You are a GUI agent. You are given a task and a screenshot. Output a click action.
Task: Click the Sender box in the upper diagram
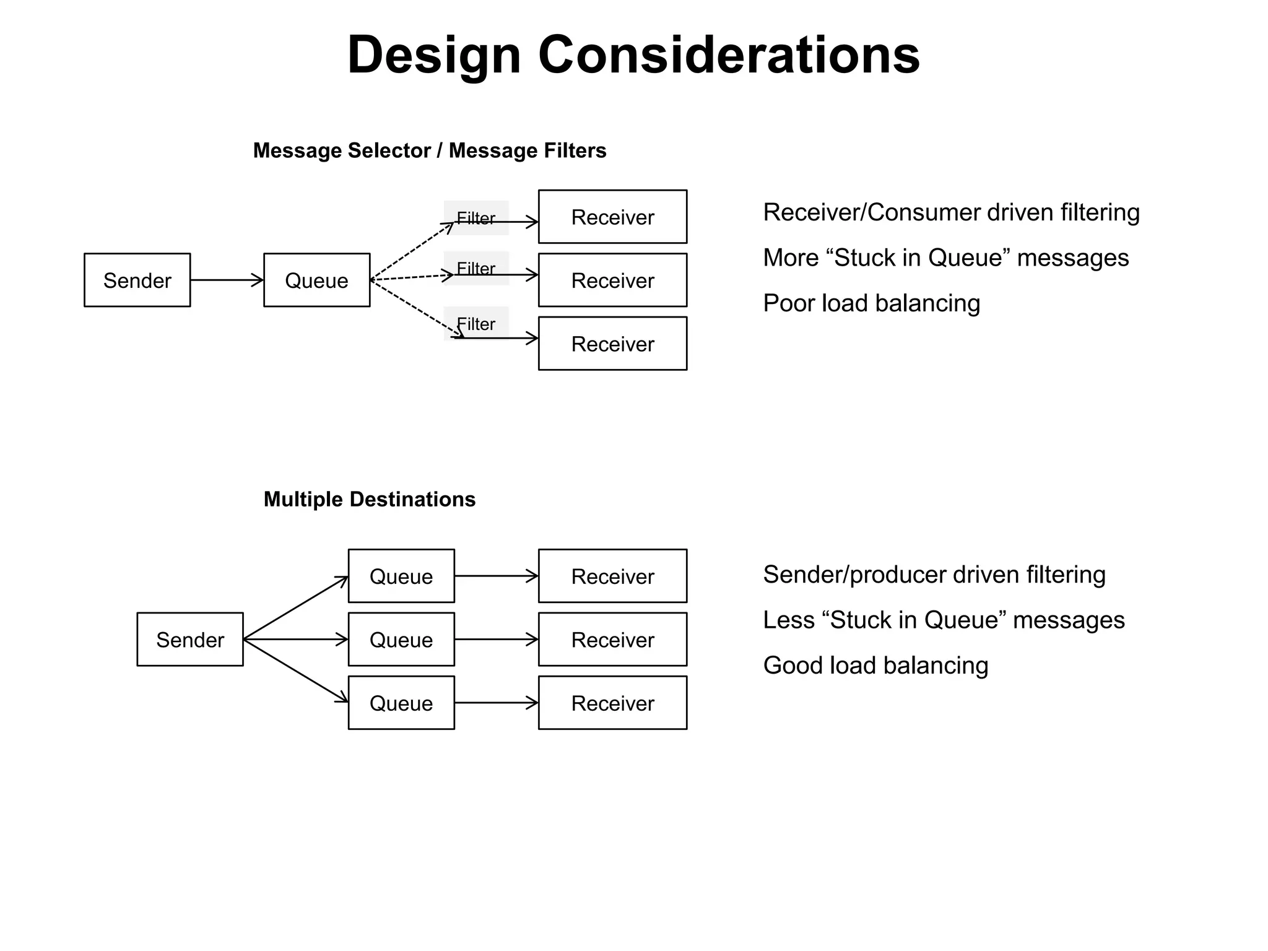point(137,280)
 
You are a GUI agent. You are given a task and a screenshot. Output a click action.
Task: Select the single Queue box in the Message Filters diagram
point(316,280)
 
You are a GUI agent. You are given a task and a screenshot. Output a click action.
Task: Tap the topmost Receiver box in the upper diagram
point(612,217)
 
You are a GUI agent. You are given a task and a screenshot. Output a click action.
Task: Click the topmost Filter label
point(475,218)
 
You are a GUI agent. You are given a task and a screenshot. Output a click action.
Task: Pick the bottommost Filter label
point(475,324)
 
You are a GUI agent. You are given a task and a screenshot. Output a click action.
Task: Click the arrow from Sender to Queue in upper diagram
point(227,280)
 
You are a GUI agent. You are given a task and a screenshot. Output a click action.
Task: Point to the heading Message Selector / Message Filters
point(430,150)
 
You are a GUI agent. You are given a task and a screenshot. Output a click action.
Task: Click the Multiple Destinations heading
point(369,499)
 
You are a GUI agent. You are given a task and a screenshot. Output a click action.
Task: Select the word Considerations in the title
point(729,54)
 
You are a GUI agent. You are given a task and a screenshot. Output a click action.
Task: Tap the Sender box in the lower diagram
point(190,639)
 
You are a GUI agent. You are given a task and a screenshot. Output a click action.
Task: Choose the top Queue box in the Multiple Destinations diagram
point(401,576)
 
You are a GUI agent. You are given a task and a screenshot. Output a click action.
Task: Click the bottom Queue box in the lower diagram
point(401,703)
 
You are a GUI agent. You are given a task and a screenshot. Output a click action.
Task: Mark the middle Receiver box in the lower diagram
point(612,639)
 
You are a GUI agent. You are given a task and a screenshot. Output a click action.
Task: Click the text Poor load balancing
point(871,303)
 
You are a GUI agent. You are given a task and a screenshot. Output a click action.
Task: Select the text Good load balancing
point(875,666)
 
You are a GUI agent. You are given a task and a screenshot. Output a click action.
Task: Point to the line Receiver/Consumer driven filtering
point(951,212)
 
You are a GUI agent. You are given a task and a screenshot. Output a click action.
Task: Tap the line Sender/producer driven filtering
point(934,575)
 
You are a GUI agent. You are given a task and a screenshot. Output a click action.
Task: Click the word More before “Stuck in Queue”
point(791,258)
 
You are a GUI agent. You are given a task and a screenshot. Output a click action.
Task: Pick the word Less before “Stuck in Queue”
point(788,620)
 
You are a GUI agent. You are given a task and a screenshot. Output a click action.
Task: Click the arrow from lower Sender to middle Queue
point(296,639)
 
